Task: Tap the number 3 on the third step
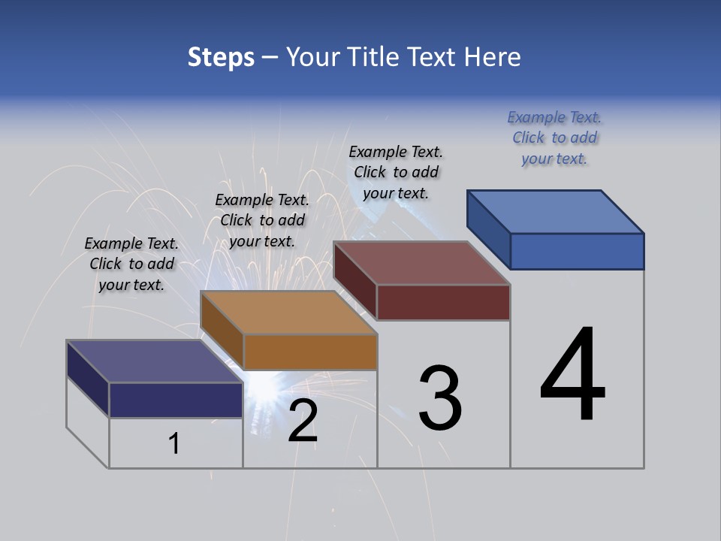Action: coord(439,398)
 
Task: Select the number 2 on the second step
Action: coord(303,421)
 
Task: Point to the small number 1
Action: coord(173,443)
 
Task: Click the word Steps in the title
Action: coord(221,57)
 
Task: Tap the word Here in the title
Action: coord(493,57)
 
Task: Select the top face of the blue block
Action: coord(556,211)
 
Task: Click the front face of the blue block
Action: coord(577,251)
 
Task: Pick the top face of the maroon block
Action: coord(422,263)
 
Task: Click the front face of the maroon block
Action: coord(443,302)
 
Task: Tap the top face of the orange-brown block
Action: coord(288,313)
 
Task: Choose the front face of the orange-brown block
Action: coord(310,352)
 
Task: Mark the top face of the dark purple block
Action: coord(155,361)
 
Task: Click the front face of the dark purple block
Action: coord(176,400)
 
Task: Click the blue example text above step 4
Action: coord(554,138)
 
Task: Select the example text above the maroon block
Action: coord(396,172)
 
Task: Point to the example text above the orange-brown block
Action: coord(262,220)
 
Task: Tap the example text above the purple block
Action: coord(131,264)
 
